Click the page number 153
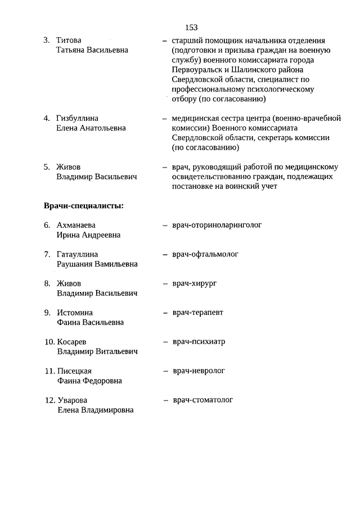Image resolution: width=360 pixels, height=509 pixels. point(191,27)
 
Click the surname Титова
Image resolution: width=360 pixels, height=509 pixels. point(69,40)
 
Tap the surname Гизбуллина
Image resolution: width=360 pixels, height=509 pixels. point(78,119)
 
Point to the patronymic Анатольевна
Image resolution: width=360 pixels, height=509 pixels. point(101,128)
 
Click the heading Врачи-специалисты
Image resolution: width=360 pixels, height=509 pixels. point(84,205)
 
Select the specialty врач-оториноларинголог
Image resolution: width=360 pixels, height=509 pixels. point(218,225)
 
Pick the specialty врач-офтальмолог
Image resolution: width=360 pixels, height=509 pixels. point(206,254)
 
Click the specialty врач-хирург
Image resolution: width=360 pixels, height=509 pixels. point(195,283)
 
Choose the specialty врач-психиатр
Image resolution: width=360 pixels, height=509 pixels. point(199,341)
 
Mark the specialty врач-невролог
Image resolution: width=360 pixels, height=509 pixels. point(199,371)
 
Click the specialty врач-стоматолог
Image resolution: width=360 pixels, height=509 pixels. point(203,400)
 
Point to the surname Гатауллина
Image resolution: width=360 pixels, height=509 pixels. point(78,254)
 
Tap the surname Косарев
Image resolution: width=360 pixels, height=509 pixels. point(72,342)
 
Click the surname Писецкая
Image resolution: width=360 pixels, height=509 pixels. point(74,371)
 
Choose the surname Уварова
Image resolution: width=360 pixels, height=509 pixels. point(73,400)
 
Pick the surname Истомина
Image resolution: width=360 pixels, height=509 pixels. point(75,313)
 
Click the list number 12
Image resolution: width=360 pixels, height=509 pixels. point(49,400)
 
